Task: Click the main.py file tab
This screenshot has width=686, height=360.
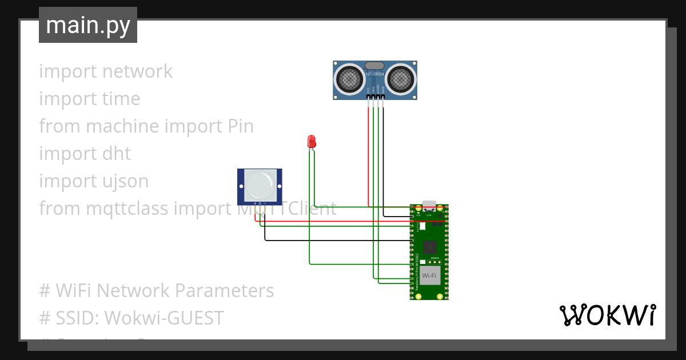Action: click(87, 25)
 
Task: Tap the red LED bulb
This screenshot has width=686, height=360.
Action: click(312, 141)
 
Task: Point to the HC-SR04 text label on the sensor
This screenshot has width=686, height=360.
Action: click(374, 74)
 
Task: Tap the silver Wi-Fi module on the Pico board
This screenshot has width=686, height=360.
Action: click(429, 275)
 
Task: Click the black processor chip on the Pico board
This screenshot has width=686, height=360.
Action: click(430, 247)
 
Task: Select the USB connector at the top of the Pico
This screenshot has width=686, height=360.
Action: click(429, 205)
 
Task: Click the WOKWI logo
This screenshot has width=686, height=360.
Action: click(607, 315)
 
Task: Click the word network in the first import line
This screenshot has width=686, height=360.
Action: click(137, 71)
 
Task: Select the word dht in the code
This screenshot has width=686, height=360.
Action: click(116, 154)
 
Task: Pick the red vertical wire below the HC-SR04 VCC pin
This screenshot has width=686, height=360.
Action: click(368, 154)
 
